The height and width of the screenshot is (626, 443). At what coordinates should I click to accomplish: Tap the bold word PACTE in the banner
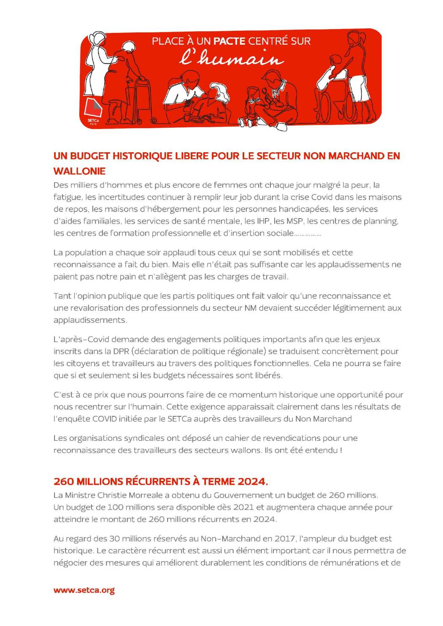pos(230,41)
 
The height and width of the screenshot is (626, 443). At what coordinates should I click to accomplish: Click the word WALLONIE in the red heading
pos(79,171)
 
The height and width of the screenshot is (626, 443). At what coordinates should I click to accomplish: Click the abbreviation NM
pos(250,308)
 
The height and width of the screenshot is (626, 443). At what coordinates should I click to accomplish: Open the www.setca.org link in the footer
pos(84,590)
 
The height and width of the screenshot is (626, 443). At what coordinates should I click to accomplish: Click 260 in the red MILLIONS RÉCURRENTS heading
pos(64,481)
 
